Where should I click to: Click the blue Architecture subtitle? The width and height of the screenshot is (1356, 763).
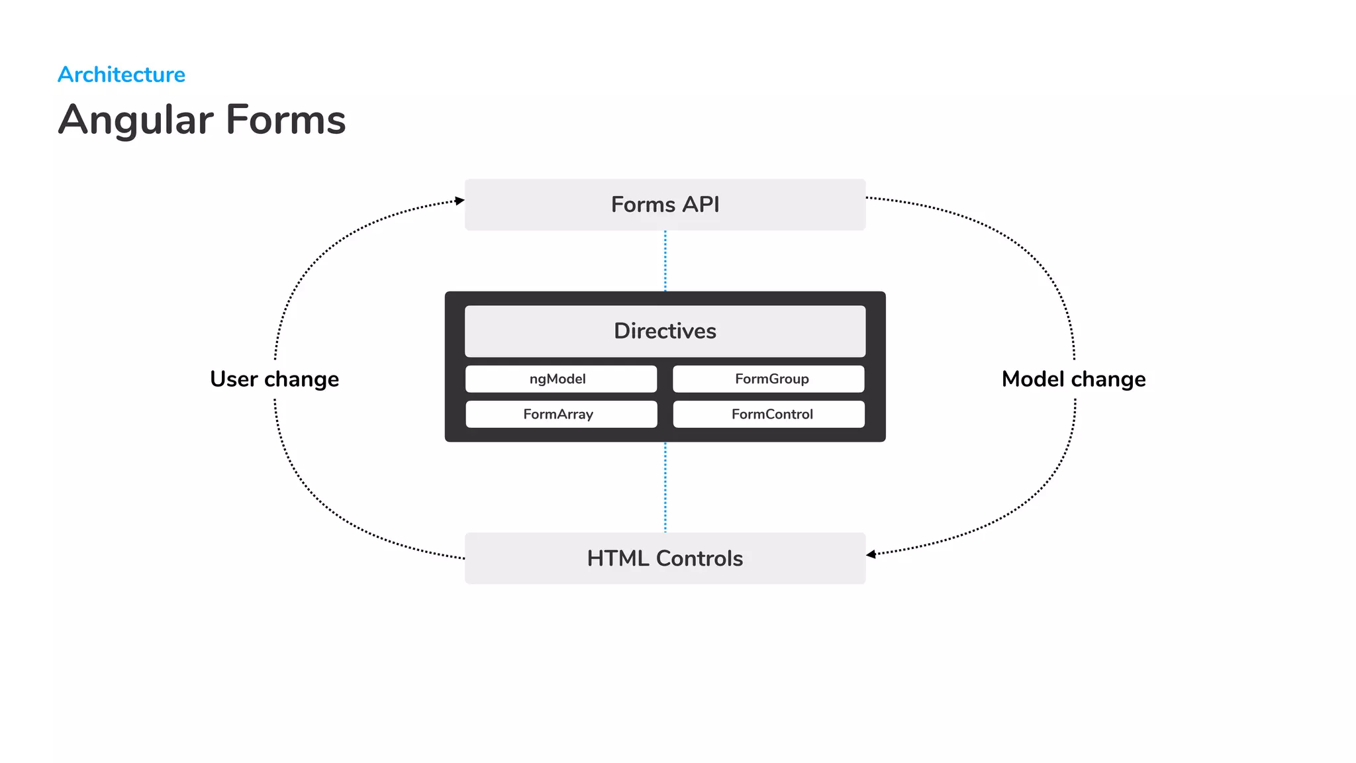pyautogui.click(x=121, y=74)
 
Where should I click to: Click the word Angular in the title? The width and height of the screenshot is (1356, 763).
pyautogui.click(x=136, y=121)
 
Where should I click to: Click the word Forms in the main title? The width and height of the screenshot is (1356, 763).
pyautogui.click(x=285, y=120)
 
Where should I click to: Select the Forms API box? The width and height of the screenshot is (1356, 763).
pyautogui.click(x=665, y=205)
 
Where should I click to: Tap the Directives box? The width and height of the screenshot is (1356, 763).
pyautogui.click(x=665, y=331)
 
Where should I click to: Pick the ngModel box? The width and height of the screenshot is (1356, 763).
pyautogui.click(x=561, y=379)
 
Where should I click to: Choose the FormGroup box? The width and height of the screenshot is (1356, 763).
pyautogui.click(x=768, y=379)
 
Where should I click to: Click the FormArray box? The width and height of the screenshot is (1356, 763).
pyautogui.click(x=561, y=414)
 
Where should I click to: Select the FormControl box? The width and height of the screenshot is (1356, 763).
pyautogui.click(x=768, y=414)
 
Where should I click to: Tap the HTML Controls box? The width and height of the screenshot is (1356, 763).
pyautogui.click(x=665, y=558)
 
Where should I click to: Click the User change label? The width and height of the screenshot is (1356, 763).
pyautogui.click(x=274, y=379)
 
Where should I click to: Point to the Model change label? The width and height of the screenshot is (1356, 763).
pyautogui.click(x=1073, y=379)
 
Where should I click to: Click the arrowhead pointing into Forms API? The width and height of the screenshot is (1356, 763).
pyautogui.click(x=460, y=201)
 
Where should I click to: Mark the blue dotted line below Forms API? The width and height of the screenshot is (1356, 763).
pyautogui.click(x=665, y=261)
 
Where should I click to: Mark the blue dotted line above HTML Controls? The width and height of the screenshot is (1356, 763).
pyautogui.click(x=665, y=487)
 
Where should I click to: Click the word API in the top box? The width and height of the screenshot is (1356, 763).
pyautogui.click(x=701, y=205)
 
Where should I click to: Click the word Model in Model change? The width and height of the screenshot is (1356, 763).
pyautogui.click(x=1033, y=379)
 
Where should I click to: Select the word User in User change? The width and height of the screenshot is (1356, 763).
pyautogui.click(x=234, y=379)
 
